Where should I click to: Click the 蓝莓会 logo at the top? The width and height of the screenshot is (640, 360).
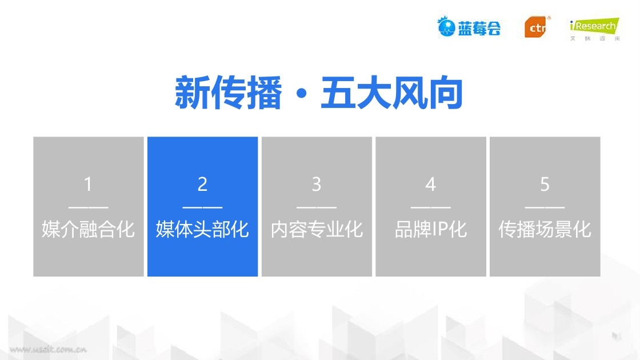click(x=469, y=27)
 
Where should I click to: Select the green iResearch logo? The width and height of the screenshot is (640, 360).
click(x=595, y=29)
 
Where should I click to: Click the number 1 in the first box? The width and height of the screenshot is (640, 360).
click(x=88, y=184)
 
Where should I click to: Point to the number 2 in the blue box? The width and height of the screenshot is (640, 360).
click(x=202, y=184)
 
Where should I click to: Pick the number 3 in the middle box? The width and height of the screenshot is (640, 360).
click(x=317, y=184)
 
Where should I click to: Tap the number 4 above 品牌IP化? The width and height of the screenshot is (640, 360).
click(x=431, y=184)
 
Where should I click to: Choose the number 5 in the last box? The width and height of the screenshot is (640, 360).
click(x=545, y=184)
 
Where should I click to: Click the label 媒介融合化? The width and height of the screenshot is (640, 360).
click(x=88, y=229)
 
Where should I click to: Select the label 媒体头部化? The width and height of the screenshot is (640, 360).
click(x=202, y=229)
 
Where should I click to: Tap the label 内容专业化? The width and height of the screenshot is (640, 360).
click(x=317, y=229)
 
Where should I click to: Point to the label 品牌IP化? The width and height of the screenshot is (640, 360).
click(x=431, y=229)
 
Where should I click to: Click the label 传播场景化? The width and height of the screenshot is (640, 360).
click(x=545, y=229)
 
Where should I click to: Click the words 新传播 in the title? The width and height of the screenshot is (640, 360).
click(x=228, y=93)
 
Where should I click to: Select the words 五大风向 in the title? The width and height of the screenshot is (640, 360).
click(x=392, y=93)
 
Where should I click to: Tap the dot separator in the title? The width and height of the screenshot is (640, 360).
click(x=302, y=94)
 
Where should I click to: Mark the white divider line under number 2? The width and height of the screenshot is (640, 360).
click(x=202, y=207)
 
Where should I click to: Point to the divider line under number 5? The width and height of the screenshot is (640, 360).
click(x=545, y=207)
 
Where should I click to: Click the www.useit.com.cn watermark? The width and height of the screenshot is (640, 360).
click(x=48, y=349)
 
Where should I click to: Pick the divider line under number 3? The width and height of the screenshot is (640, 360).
click(x=317, y=207)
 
